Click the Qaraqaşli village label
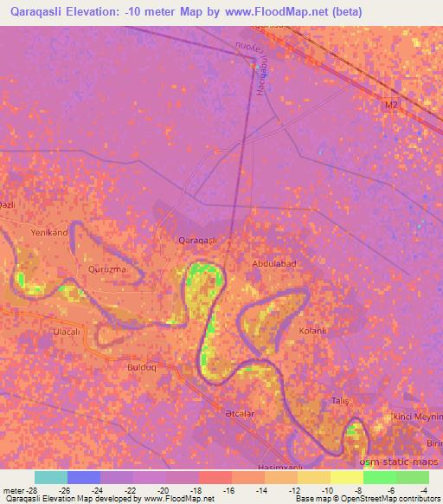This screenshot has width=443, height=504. click(196, 240)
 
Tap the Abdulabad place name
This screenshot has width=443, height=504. click(274, 263)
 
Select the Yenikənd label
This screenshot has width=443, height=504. click(49, 233)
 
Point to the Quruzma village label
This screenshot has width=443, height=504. click(107, 269)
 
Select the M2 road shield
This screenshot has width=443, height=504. click(393, 105)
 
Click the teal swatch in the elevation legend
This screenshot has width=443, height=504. click(50, 477)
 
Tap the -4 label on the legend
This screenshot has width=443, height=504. click(423, 489)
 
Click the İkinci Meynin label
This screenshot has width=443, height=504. click(415, 417)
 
